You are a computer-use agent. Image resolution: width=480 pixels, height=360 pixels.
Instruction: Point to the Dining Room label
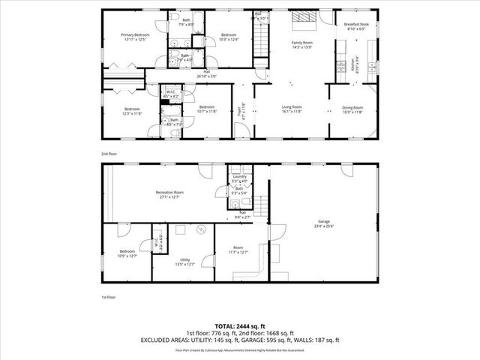[352, 107]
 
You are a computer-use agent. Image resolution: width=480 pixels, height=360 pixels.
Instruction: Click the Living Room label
[291, 107]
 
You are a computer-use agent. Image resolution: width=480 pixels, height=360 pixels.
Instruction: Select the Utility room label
[184, 259]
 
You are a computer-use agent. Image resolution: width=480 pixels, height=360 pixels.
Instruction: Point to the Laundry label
[239, 178]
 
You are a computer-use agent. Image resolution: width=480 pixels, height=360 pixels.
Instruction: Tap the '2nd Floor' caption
[109, 153]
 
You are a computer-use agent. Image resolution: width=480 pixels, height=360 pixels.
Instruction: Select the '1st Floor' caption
[109, 298]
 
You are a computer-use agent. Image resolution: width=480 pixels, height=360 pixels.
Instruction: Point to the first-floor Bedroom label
[127, 251]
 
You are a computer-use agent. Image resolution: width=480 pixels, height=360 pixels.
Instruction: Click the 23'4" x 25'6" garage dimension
[323, 227]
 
